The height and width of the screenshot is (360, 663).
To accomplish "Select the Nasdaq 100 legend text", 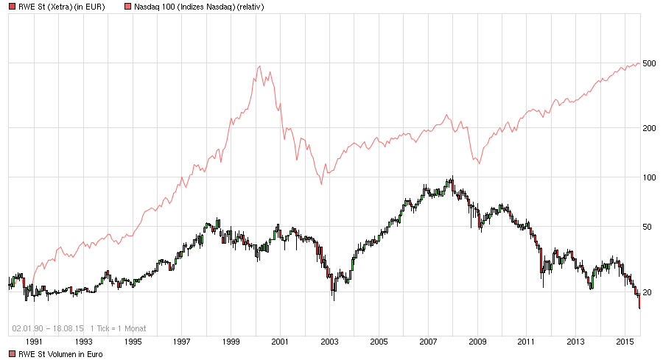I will click(x=199, y=7).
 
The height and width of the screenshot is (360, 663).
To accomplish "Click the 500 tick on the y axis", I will click(x=648, y=63).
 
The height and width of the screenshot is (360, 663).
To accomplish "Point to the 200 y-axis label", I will click(x=648, y=128).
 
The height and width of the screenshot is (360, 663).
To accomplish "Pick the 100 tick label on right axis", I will click(x=648, y=177).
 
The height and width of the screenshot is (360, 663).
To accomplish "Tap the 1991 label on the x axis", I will click(x=34, y=342).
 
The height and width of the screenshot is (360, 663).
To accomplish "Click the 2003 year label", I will click(x=329, y=342).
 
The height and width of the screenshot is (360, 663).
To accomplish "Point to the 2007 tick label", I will click(x=428, y=342).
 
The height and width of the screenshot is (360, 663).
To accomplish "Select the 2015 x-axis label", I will click(x=625, y=342).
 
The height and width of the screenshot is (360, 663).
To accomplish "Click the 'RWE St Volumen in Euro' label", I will click(x=60, y=354).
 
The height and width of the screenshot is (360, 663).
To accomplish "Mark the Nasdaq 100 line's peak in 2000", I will click(x=259, y=66).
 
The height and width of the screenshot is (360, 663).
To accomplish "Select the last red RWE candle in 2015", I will click(x=639, y=302).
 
